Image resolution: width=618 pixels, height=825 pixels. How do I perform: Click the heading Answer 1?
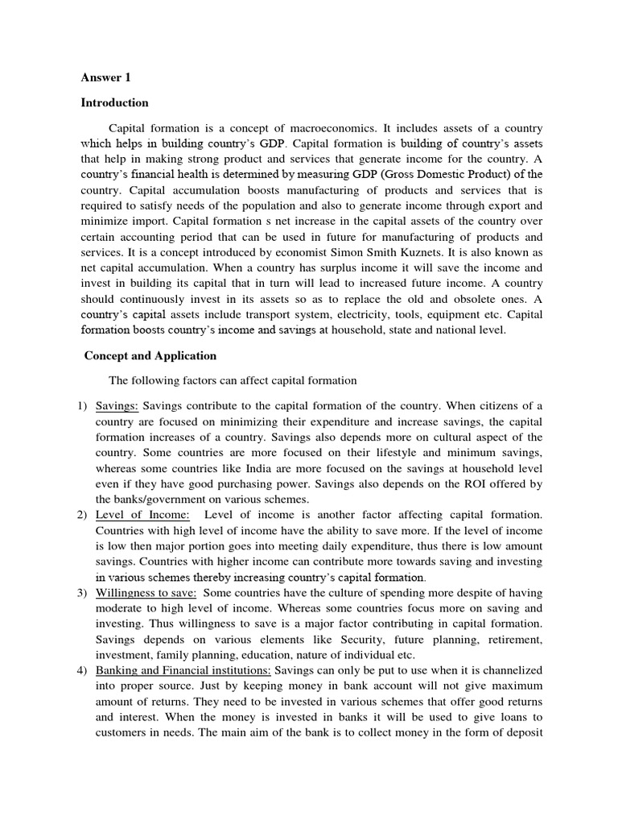point(105,78)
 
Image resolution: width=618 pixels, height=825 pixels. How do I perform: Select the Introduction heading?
point(114,103)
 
